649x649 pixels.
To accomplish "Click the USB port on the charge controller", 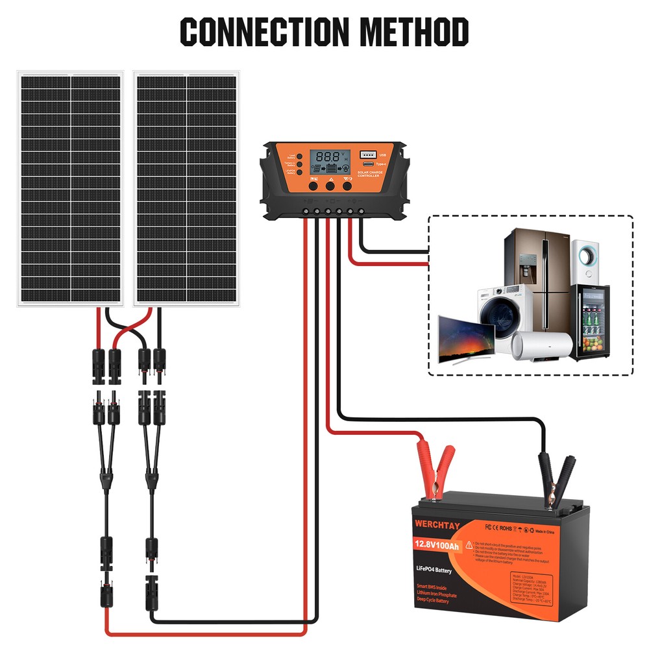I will tap(367, 154).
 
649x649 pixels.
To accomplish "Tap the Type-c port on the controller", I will tap(368, 164).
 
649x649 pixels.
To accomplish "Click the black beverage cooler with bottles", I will tap(590, 323).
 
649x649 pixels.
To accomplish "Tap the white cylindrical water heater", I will tap(542, 344).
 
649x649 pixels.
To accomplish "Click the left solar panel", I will tap(70, 188).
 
